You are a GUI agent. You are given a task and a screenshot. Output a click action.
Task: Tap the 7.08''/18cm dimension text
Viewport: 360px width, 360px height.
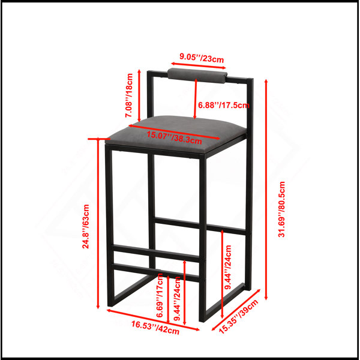(129, 95)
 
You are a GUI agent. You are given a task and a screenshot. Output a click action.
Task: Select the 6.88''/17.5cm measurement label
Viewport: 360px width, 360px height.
(223, 105)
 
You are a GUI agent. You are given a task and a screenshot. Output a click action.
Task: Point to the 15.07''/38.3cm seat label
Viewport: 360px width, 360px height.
(174, 137)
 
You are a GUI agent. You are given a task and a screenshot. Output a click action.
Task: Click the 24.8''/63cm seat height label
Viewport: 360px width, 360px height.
(86, 226)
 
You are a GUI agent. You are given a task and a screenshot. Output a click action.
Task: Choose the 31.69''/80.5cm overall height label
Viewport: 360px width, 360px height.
(281, 209)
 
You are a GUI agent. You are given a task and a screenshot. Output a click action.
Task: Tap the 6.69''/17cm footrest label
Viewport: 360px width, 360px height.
(160, 295)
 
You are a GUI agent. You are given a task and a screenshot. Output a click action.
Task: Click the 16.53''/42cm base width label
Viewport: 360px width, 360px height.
(155, 328)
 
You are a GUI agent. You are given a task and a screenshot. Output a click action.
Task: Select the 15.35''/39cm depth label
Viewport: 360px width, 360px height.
(238, 317)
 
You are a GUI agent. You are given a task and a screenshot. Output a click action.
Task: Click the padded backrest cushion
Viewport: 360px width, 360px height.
(197, 76)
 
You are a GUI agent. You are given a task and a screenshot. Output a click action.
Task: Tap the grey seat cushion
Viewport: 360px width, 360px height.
(176, 134)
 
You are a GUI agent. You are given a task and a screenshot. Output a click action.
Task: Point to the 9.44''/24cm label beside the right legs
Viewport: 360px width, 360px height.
(228, 267)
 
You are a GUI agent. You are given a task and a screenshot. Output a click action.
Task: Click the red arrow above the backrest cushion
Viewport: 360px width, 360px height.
(199, 65)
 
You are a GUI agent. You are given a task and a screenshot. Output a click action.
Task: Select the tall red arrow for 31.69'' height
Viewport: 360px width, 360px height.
(266, 190)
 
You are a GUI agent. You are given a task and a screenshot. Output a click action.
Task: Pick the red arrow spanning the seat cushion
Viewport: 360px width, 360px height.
(175, 132)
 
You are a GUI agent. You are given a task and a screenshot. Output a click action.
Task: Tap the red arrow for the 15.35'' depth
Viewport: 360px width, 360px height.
(236, 310)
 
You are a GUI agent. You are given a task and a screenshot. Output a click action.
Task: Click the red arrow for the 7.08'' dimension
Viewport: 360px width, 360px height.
(139, 95)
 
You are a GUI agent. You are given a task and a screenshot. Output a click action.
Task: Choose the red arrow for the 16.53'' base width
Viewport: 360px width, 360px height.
(153, 320)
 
